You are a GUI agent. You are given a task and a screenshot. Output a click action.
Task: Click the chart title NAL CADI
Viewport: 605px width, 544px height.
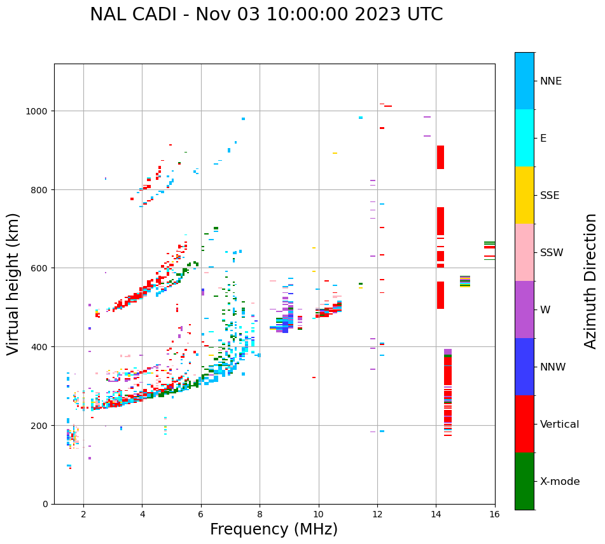click(266, 15)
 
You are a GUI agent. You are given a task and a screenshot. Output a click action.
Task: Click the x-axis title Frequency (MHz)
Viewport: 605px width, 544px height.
click(274, 529)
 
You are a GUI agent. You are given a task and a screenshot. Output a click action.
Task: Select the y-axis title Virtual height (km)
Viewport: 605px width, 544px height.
click(13, 283)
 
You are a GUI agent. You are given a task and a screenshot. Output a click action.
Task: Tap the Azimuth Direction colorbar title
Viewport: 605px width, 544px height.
click(591, 281)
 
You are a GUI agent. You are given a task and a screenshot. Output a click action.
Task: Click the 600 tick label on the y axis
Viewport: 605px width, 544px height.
click(41, 268)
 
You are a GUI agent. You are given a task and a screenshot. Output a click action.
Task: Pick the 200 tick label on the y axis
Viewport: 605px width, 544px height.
click(41, 425)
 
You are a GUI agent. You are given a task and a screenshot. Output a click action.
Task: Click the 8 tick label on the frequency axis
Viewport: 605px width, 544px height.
click(260, 514)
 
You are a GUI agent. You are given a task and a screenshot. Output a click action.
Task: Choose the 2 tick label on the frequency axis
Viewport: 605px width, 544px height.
click(83, 514)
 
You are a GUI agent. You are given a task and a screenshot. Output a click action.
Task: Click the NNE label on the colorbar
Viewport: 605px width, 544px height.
click(551, 81)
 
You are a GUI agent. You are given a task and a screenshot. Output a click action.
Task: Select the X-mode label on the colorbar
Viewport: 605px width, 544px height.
click(560, 481)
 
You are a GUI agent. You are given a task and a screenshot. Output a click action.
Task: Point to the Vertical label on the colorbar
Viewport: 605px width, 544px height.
click(560, 424)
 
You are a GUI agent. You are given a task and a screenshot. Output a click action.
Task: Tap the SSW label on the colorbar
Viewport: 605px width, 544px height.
click(552, 252)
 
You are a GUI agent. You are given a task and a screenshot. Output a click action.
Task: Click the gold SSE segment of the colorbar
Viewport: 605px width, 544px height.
click(524, 195)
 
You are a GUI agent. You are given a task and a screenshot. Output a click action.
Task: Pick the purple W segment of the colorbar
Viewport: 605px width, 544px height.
click(524, 309)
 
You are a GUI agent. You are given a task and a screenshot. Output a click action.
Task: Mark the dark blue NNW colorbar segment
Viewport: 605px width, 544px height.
click(524, 367)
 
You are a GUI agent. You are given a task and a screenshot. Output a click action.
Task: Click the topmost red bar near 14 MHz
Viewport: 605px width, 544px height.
click(440, 157)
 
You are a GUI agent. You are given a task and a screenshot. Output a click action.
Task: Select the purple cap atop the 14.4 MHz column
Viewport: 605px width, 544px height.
click(448, 351)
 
